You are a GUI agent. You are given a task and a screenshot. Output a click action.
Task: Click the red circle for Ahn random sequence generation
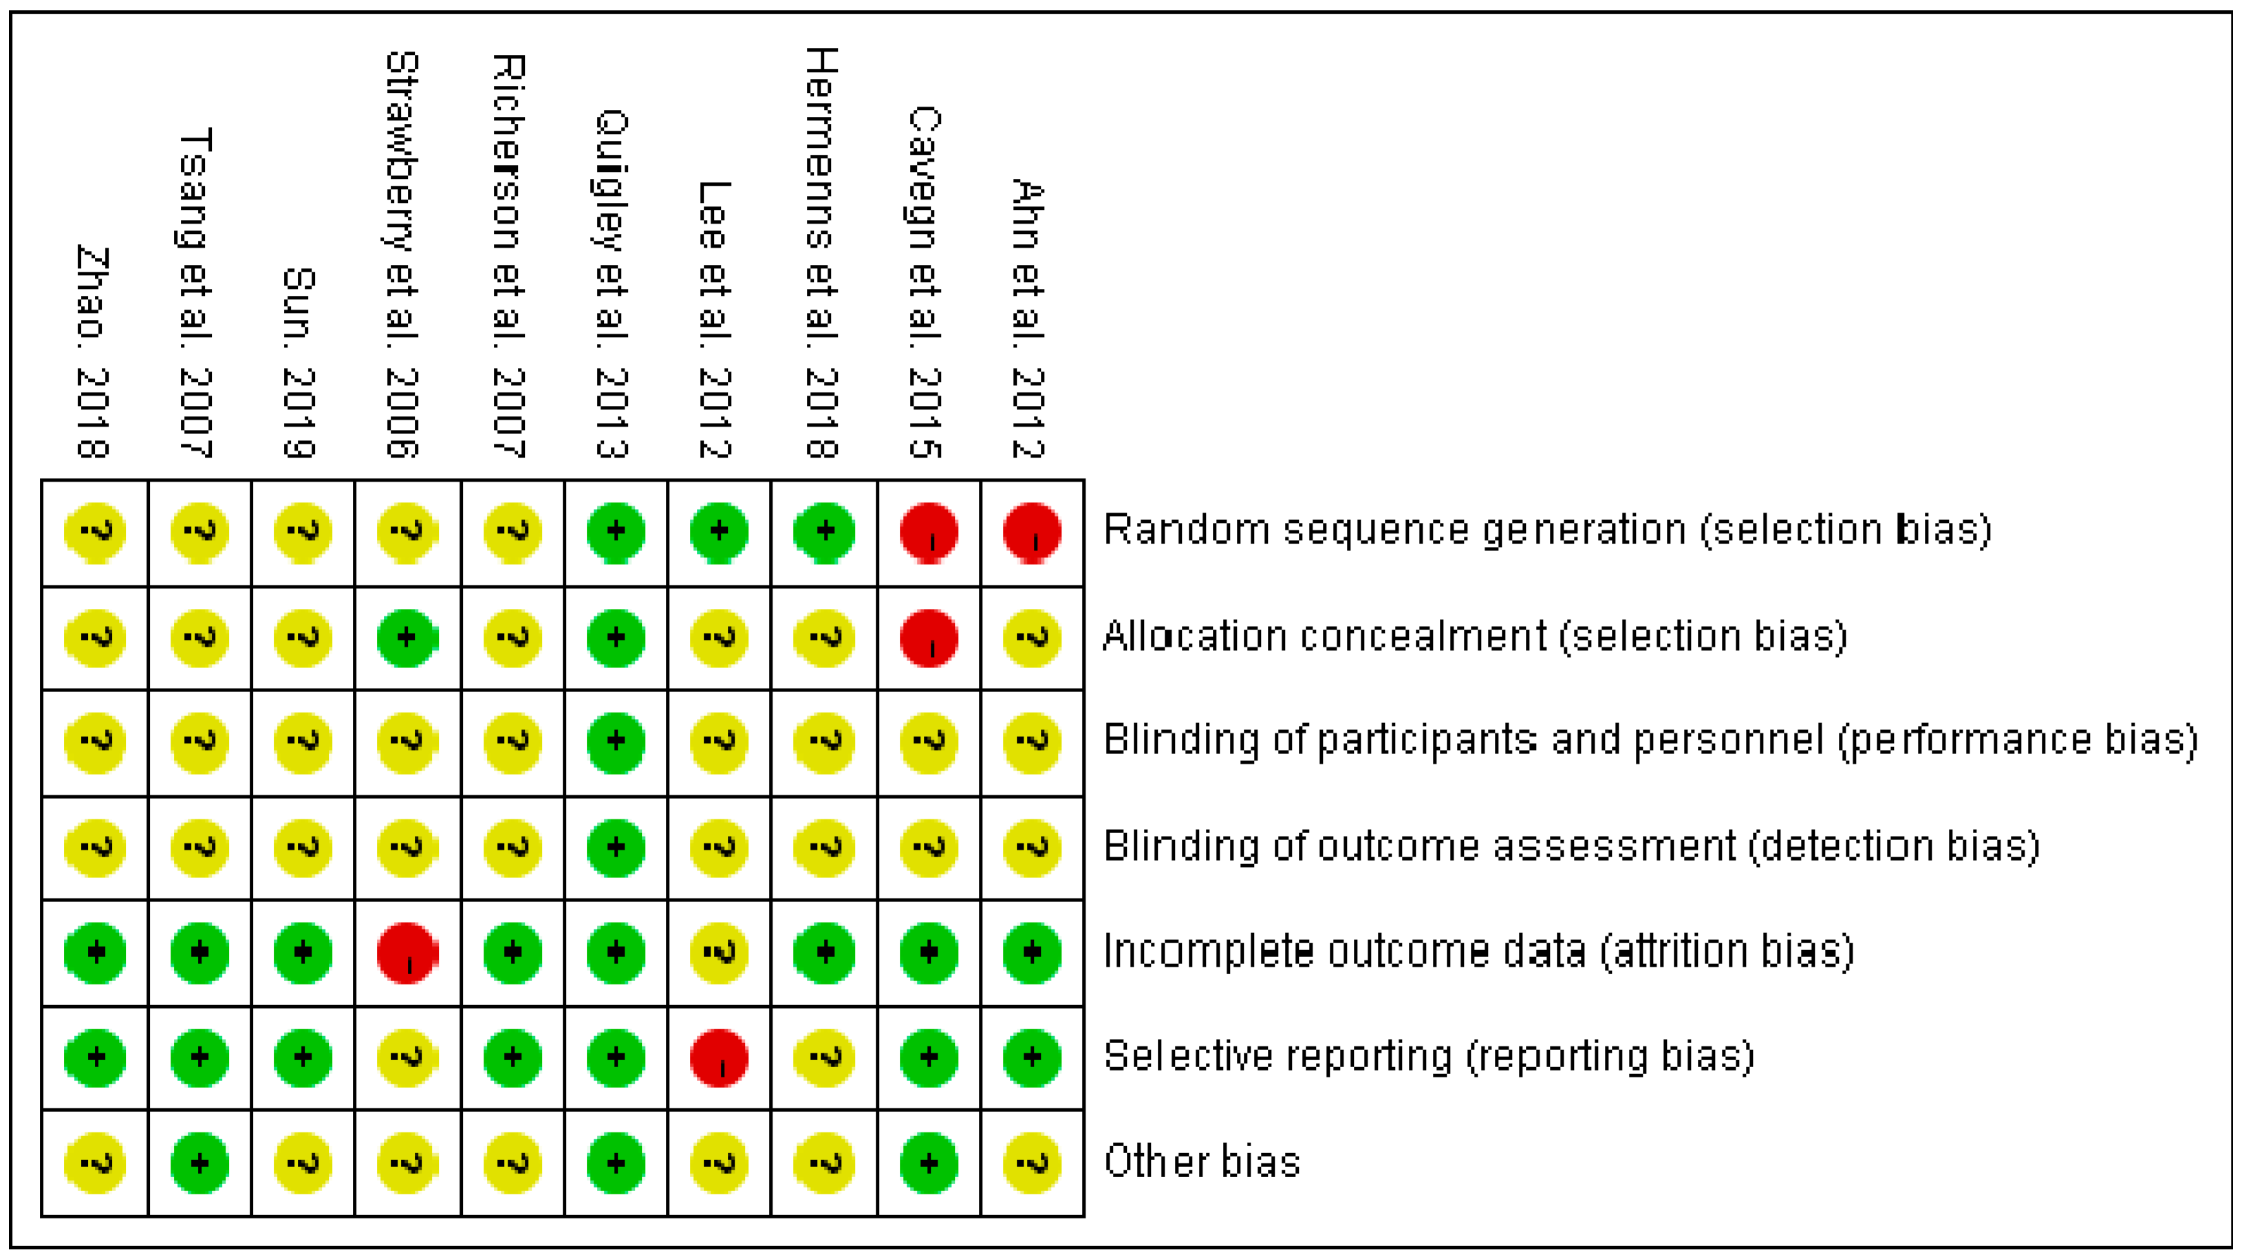click(1031, 532)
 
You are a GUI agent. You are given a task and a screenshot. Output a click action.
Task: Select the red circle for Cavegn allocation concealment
click(929, 638)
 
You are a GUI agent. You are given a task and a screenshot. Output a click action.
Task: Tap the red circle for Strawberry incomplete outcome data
click(407, 954)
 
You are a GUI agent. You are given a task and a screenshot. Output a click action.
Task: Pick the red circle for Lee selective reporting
click(719, 1059)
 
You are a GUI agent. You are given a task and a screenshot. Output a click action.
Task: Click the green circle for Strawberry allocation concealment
click(407, 638)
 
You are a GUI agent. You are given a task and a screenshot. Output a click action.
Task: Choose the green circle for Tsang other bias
click(200, 1163)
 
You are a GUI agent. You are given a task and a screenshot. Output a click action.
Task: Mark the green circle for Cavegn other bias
click(929, 1163)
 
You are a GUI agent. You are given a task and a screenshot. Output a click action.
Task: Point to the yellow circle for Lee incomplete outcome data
click(719, 954)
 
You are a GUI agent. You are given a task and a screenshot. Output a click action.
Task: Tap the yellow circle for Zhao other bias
click(95, 1163)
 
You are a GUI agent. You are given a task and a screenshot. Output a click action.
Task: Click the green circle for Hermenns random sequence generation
click(823, 532)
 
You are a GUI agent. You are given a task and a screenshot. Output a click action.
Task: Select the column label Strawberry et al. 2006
click(402, 255)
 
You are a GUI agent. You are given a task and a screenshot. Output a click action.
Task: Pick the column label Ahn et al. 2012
click(1028, 319)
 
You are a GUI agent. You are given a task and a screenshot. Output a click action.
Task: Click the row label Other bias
click(1202, 1163)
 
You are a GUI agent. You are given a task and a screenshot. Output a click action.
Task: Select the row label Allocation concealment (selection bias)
click(1474, 636)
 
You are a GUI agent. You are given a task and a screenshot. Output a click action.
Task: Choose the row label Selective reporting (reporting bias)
click(1428, 1057)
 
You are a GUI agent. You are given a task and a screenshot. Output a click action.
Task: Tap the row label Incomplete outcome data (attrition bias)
click(1478, 951)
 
